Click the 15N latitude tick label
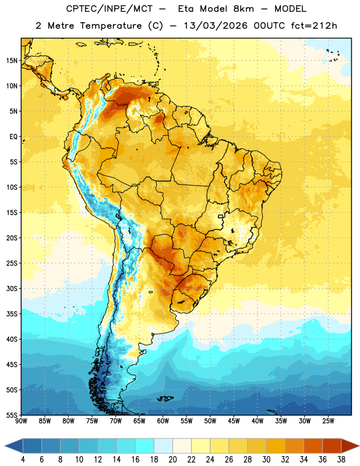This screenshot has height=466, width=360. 12,61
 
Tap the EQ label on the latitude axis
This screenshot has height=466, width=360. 13,137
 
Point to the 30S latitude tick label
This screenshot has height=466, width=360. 12,288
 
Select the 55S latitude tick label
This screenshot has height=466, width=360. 12,415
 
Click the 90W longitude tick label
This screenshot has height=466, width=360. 21,421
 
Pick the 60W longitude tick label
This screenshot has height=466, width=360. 163,421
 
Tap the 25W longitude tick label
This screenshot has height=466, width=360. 328,421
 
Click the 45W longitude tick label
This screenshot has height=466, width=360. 234,421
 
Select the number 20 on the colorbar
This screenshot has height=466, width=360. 172,460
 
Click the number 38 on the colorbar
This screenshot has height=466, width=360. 341,460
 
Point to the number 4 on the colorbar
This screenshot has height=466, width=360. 23,460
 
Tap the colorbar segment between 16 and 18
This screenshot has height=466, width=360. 145,446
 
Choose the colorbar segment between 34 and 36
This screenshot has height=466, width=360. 313,446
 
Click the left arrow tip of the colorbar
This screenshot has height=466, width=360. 5,446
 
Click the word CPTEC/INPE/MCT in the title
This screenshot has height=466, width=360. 109,9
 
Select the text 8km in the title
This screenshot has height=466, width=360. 243,9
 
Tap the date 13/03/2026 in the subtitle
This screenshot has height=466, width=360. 216,26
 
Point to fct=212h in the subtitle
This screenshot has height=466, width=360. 314,26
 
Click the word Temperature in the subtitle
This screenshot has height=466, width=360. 111,26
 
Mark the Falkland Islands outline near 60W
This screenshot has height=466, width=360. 165,398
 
